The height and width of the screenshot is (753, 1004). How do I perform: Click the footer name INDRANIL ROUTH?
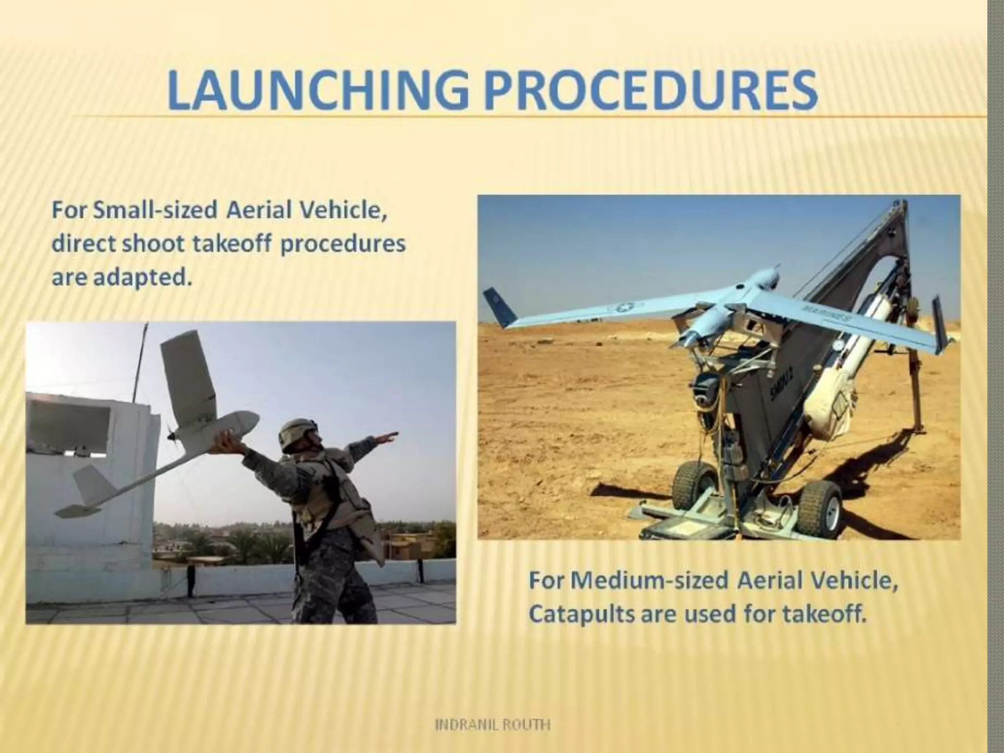[x=493, y=725]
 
